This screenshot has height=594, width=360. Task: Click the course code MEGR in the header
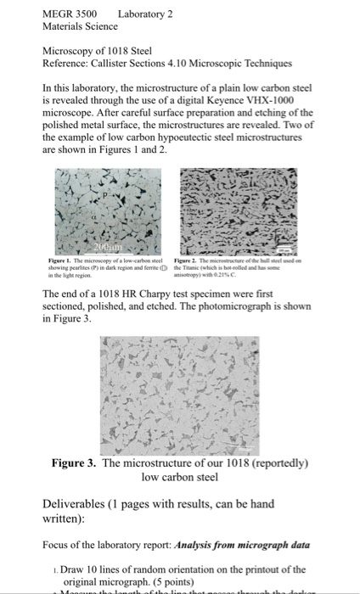pos(59,14)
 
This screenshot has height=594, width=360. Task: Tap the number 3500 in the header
pos(87,14)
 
